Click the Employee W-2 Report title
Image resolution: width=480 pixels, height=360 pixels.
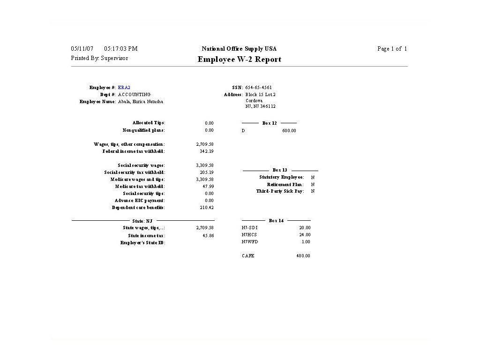click(x=239, y=60)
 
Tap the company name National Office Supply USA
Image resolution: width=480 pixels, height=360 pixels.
click(x=239, y=49)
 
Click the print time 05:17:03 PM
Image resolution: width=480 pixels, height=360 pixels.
click(x=121, y=49)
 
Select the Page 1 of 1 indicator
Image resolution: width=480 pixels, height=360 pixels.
click(x=392, y=49)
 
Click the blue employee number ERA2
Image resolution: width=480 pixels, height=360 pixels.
click(x=124, y=88)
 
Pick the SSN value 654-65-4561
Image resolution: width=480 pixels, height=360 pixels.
click(x=259, y=88)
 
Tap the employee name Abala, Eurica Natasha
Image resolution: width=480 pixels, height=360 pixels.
click(x=141, y=102)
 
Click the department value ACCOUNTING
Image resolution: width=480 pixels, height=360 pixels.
click(x=135, y=95)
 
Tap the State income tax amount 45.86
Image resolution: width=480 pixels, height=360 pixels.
click(x=208, y=236)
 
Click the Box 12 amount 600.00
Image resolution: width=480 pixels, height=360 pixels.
click(x=289, y=131)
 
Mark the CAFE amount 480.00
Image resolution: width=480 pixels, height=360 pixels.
click(x=303, y=256)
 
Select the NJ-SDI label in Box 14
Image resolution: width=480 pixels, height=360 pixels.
click(x=250, y=228)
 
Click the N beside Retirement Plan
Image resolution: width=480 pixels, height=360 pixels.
click(x=313, y=185)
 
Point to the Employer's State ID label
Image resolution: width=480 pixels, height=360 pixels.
click(x=143, y=243)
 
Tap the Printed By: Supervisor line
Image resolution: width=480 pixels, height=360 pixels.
click(x=99, y=58)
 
